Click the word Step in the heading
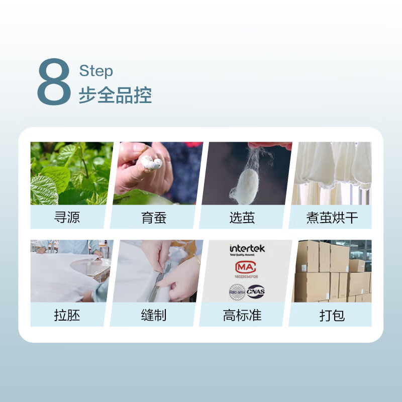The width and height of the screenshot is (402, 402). click(96, 71)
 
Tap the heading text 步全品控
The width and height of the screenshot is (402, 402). click(115, 95)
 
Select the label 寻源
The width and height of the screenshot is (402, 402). click(67, 218)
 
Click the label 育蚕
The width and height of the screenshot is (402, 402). click(154, 218)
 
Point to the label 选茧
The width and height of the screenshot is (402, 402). click(242, 218)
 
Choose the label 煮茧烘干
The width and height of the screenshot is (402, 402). click(332, 218)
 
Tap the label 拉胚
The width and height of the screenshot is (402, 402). click(67, 315)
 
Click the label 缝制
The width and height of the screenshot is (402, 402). click(154, 315)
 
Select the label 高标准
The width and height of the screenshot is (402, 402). click(242, 315)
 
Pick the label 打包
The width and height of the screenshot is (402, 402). click(332, 315)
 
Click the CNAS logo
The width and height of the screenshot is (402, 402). click(256, 291)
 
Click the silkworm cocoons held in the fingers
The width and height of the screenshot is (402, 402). click(151, 162)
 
